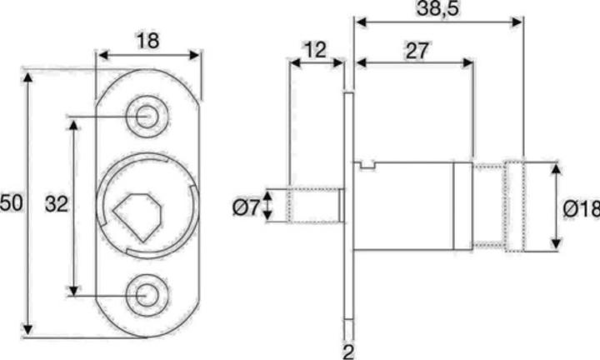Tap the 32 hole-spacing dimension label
(x=56, y=204)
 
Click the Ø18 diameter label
(x=581, y=208)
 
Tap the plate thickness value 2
(x=348, y=350)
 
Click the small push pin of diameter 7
(x=314, y=206)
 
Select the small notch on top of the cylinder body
(x=367, y=165)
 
